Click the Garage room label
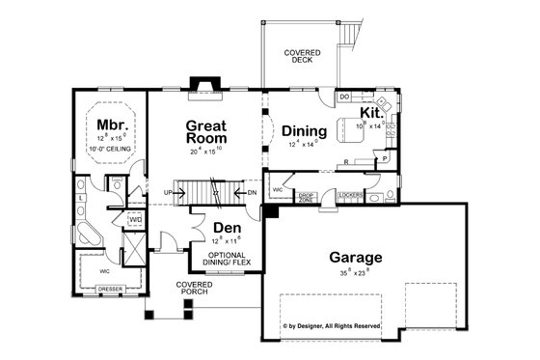pyautogui.click(x=355, y=258)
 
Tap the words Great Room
pyautogui.click(x=206, y=132)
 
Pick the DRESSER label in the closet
pyautogui.click(x=111, y=289)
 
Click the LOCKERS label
pyautogui.click(x=350, y=195)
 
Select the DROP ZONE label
pyautogui.click(x=308, y=197)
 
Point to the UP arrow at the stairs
pyautogui.click(x=170, y=193)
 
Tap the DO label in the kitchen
pyautogui.click(x=344, y=97)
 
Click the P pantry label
pyautogui.click(x=385, y=157)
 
